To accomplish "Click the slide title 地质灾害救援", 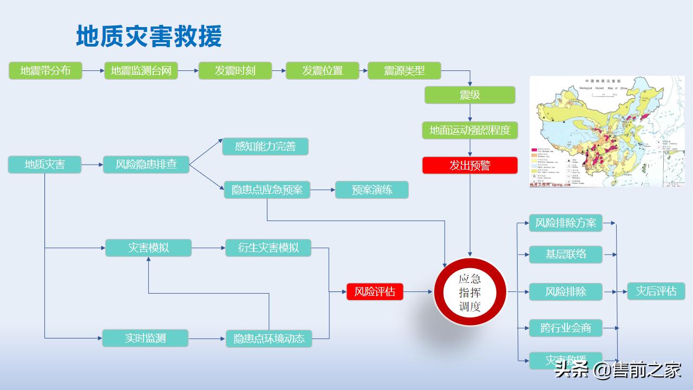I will click(149, 36).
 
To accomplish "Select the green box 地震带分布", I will click(45, 70).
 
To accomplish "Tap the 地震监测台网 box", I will click(141, 70).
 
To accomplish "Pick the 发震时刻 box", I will click(235, 70).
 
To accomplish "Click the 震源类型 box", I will click(404, 70).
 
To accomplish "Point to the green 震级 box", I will click(469, 95).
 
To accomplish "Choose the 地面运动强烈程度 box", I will click(469, 130).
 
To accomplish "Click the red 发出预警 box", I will click(469, 165).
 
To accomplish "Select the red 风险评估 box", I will click(375, 291).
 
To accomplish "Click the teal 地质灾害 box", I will click(44, 164).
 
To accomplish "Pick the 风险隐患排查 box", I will click(146, 164).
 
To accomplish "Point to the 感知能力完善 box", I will click(265, 146).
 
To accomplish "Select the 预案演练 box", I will click(371, 190).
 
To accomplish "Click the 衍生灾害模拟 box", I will click(268, 248).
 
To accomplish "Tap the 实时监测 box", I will click(145, 338).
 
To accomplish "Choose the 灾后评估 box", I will click(656, 291).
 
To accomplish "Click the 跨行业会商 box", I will click(565, 328).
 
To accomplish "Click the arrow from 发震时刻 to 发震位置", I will click(279, 70).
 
